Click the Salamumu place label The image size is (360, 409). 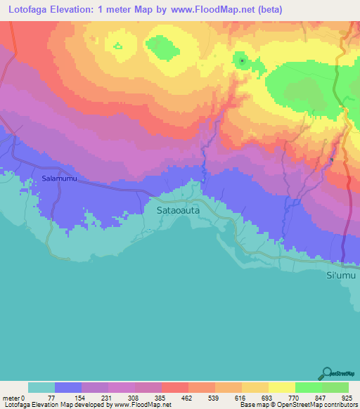point(58,179)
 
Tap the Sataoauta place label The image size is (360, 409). point(176,209)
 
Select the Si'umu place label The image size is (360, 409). point(342,275)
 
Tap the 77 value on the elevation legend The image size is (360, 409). point(54,397)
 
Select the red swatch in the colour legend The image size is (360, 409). point(175,387)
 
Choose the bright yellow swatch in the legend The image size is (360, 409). point(282,387)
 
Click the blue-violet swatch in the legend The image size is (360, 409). point(68,387)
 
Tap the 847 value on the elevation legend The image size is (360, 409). point(322,397)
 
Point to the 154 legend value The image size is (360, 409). point(82,397)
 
